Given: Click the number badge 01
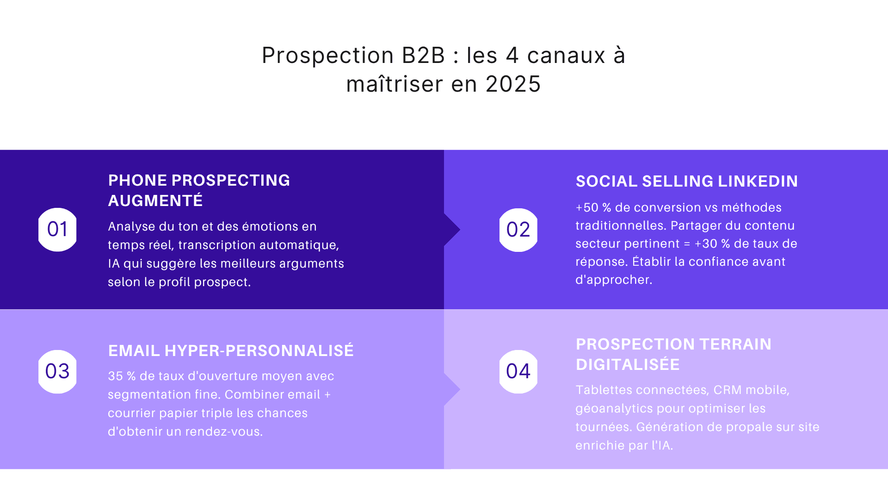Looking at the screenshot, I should (57, 230).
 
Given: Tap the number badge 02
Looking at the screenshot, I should (518, 230).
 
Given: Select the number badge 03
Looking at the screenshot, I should (57, 371).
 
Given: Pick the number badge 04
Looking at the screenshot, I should (518, 371).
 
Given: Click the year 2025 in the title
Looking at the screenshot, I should (513, 84).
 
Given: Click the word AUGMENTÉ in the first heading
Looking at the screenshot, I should (155, 201).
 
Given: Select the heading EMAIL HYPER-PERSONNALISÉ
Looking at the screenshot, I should (231, 351).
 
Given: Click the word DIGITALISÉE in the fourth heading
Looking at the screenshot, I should (628, 365).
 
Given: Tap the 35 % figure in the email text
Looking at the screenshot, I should (122, 376).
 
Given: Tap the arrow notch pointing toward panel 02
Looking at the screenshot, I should (453, 230).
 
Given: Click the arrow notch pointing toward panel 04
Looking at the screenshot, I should (453, 390).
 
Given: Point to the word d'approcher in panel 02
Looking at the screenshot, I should (613, 280).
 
